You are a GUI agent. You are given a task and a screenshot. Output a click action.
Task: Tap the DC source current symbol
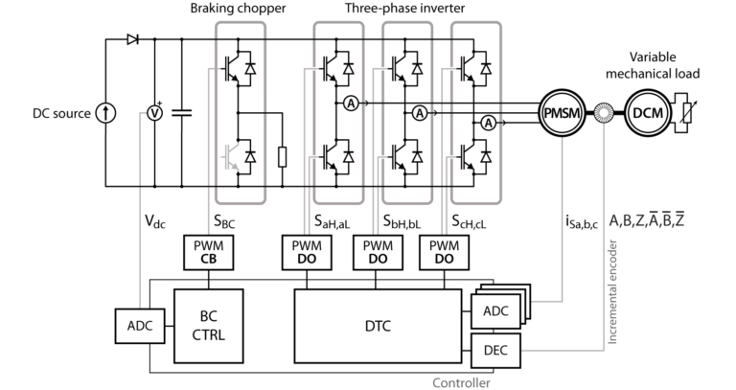(108, 113)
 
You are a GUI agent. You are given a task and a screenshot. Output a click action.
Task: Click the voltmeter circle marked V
(149, 112)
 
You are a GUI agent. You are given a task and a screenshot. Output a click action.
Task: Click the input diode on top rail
(132, 40)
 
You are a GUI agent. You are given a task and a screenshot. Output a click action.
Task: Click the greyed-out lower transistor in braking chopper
(230, 155)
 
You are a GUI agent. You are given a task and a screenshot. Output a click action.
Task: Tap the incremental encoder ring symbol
(605, 113)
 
